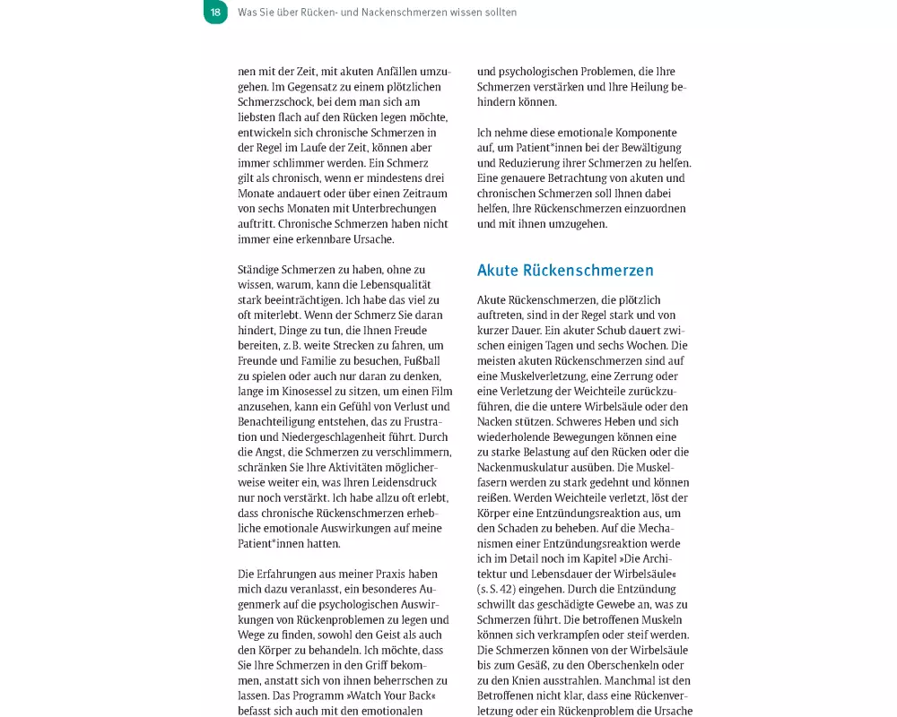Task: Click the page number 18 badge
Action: (215, 13)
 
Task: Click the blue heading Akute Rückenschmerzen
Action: (565, 271)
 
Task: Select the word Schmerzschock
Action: (278, 102)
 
